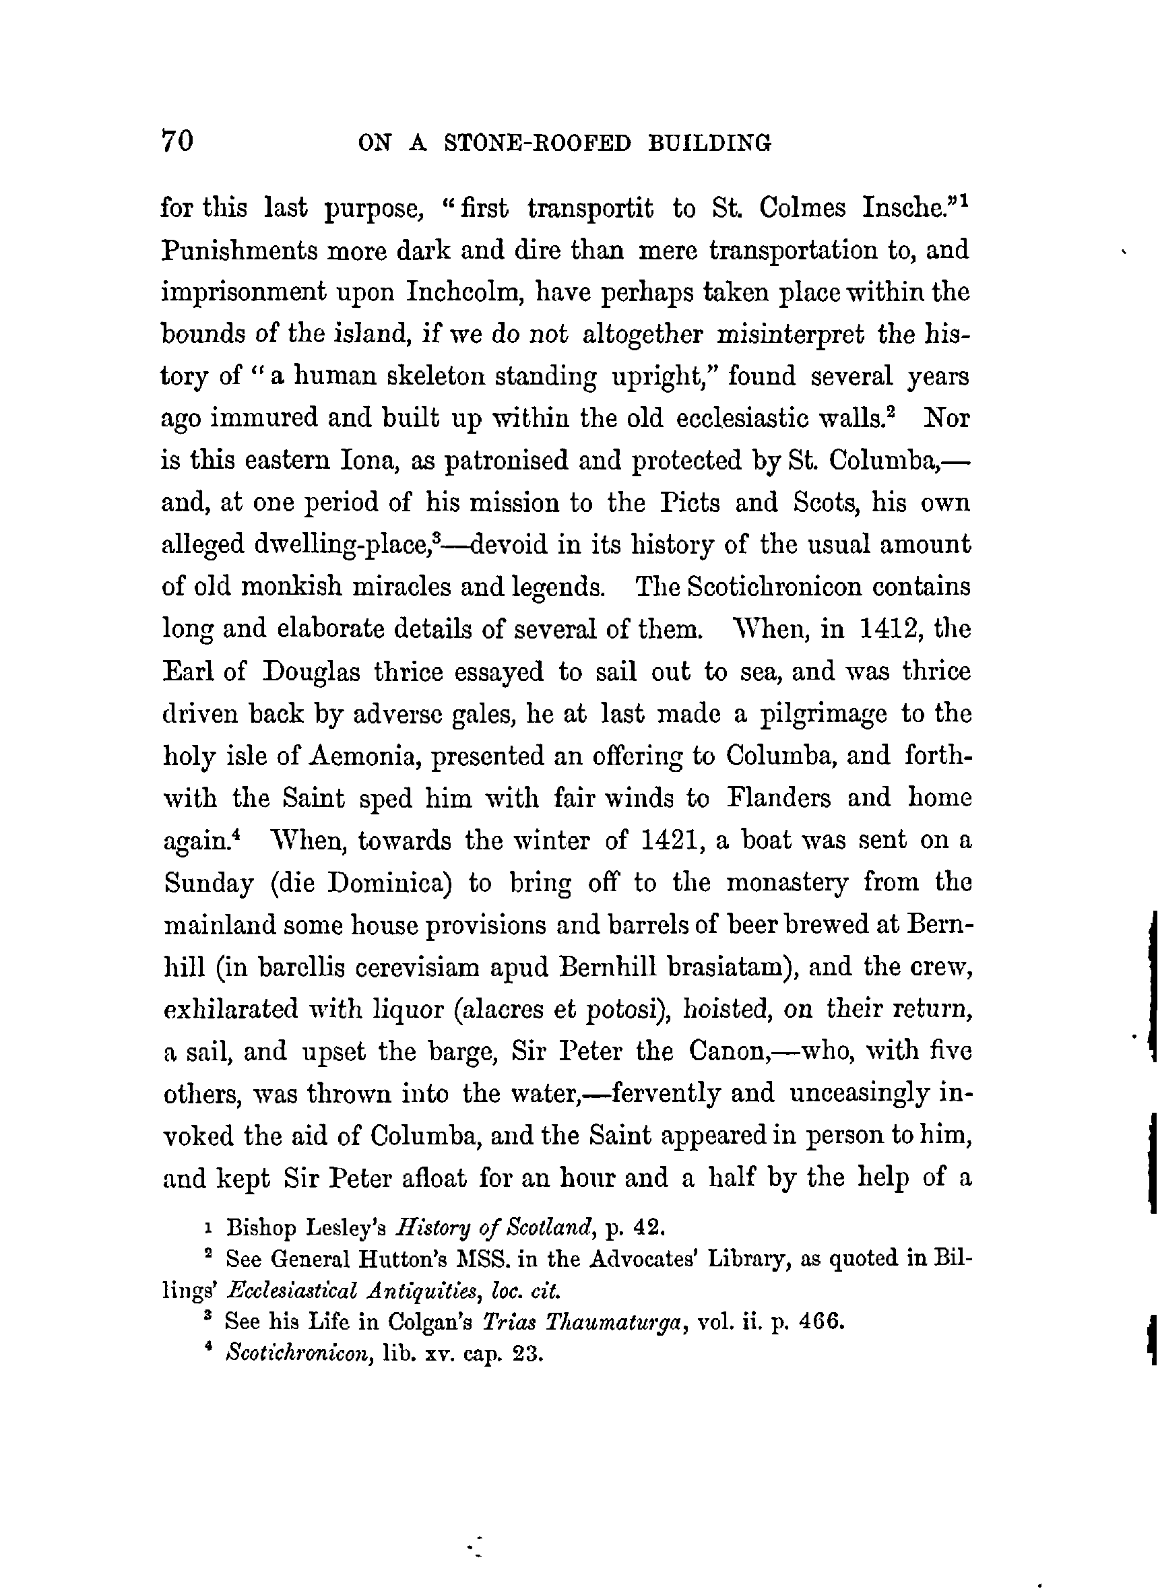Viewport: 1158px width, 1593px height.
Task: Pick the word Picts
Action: [x=685, y=503]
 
